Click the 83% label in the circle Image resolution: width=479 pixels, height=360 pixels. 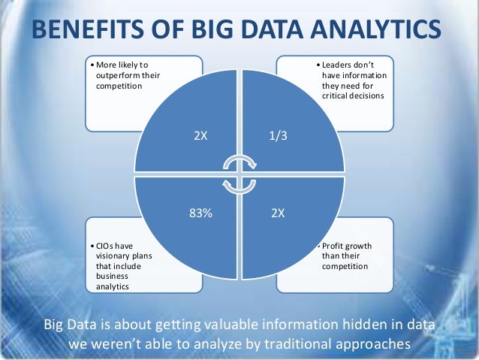click(201, 213)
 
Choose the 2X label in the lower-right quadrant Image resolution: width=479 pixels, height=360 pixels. click(278, 213)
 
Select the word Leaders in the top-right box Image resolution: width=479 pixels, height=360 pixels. click(338, 65)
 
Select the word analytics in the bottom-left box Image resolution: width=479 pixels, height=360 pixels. click(113, 285)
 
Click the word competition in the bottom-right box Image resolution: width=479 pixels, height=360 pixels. click(344, 265)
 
